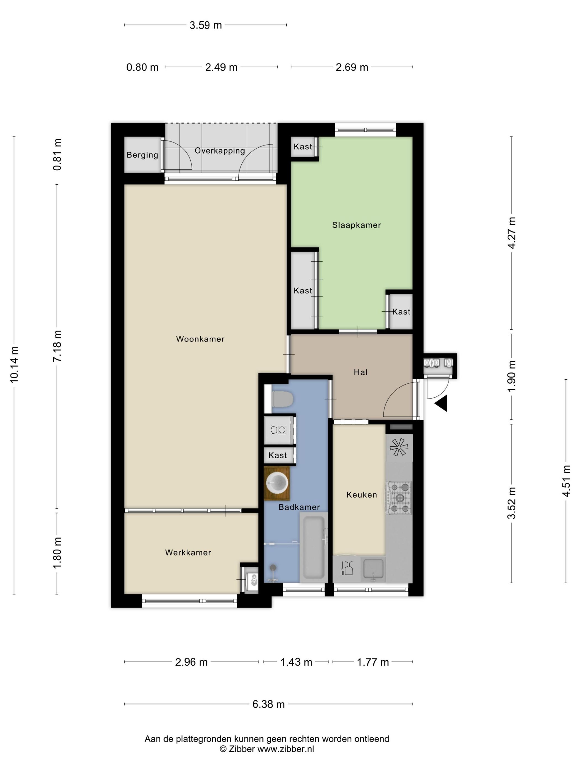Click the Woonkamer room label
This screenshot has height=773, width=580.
(x=200, y=339)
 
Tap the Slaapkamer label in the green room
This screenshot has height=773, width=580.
(x=356, y=225)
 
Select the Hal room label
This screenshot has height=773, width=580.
(x=360, y=372)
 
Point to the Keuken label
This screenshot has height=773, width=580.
(x=362, y=494)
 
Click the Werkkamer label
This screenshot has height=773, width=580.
(x=188, y=552)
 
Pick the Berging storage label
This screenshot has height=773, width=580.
(x=142, y=155)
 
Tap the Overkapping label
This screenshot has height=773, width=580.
(x=220, y=151)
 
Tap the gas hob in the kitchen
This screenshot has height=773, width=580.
(x=399, y=498)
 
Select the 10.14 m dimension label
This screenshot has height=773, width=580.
(x=14, y=364)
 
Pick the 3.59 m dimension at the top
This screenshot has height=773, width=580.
(x=205, y=25)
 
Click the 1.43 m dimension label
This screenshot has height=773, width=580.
(x=296, y=662)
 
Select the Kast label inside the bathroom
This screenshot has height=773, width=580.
(x=278, y=455)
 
